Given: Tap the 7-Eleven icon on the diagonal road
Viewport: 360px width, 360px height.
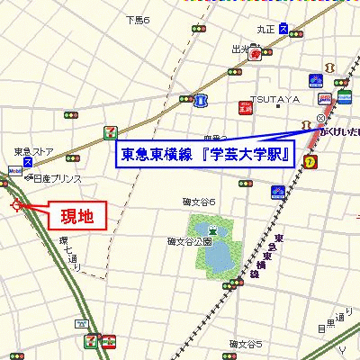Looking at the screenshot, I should pos(110,131).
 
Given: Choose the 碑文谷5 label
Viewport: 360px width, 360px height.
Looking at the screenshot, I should pos(245,345).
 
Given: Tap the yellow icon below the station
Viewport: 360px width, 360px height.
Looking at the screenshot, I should pos(310,161).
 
